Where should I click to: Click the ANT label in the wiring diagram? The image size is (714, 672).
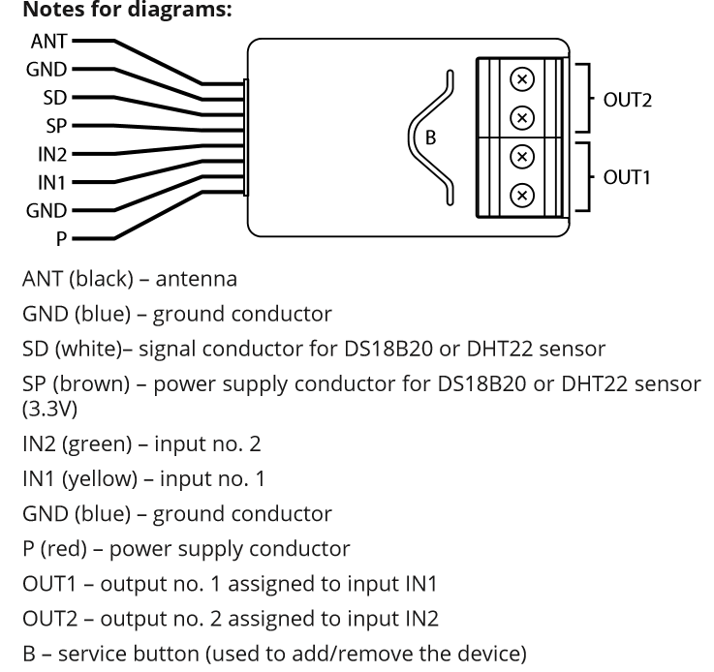click(49, 42)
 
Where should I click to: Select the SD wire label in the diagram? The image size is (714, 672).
click(55, 98)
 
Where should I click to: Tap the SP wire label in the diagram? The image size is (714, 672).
click(55, 126)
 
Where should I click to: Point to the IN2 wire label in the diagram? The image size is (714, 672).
click(52, 154)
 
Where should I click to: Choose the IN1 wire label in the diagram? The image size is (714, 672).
click(52, 182)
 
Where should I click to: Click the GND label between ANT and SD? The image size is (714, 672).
click(47, 70)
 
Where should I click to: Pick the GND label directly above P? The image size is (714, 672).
click(47, 210)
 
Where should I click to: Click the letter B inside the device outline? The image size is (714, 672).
click(431, 137)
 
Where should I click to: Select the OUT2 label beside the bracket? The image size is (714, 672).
click(628, 99)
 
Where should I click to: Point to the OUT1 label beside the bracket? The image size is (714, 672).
click(628, 177)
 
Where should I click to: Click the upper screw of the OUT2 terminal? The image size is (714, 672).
click(521, 78)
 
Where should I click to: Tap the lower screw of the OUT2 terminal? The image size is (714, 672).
click(521, 118)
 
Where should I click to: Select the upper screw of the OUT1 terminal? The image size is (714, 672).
click(521, 157)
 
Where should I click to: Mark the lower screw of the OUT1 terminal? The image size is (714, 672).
click(521, 196)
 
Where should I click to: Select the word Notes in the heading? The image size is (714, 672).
click(49, 13)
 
